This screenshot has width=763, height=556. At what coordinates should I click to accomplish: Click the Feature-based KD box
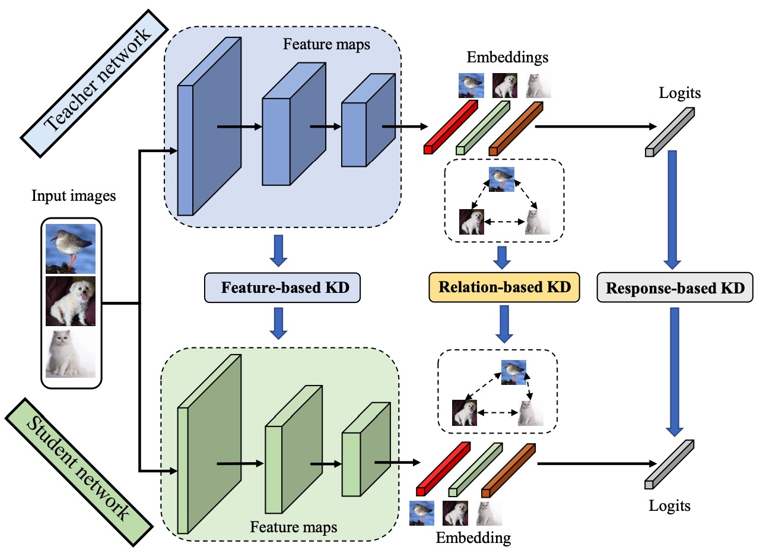tap(282, 288)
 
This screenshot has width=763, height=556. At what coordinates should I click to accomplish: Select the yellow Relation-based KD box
tap(504, 288)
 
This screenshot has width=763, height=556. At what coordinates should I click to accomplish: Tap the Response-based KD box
tap(675, 288)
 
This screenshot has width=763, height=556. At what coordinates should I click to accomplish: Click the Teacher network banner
tap(94, 84)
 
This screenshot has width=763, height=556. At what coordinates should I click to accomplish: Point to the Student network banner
tap(79, 472)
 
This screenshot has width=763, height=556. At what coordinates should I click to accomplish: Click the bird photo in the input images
tap(71, 249)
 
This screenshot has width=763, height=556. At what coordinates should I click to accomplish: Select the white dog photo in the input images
tap(71, 301)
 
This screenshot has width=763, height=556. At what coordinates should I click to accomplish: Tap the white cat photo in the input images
tap(71, 353)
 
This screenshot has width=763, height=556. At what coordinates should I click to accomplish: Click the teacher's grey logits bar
tap(670, 132)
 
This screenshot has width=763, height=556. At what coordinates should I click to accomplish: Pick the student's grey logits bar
tap(669, 465)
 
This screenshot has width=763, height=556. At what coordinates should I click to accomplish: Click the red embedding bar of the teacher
tap(451, 127)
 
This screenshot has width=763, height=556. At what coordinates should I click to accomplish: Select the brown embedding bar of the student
tap(508, 470)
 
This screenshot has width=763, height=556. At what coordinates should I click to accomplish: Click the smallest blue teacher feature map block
tap(368, 120)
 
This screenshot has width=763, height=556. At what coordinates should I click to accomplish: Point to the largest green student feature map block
tap(209, 444)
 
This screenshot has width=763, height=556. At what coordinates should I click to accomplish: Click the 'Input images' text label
tap(74, 196)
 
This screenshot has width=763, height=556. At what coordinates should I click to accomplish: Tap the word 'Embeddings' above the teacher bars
tap(507, 57)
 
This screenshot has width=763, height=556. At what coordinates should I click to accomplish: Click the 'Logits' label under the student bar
tap(669, 506)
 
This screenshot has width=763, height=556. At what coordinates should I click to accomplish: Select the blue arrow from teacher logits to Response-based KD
tap(672, 210)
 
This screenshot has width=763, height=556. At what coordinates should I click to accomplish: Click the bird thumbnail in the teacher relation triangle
tap(501, 179)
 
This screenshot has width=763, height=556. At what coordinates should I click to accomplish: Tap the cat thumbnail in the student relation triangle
tap(530, 413)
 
